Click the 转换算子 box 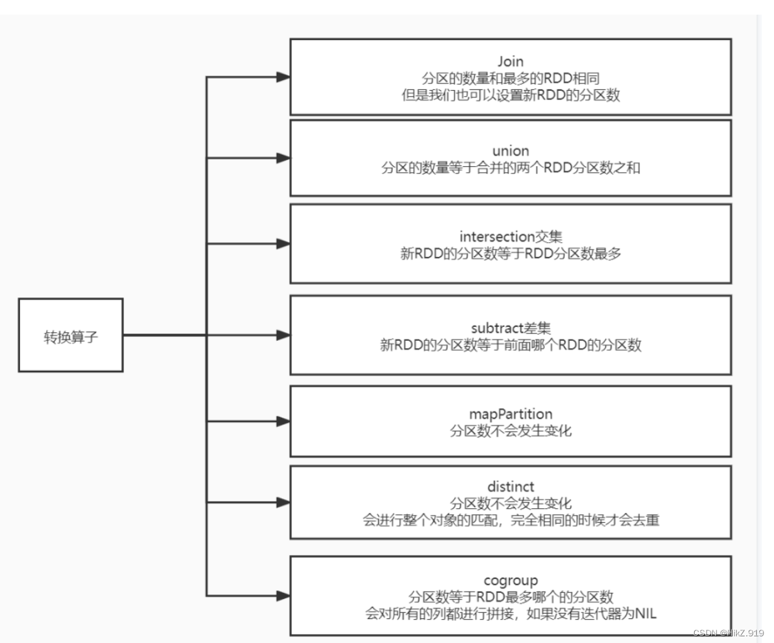[x=71, y=335]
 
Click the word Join [x=511, y=62]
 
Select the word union [x=511, y=151]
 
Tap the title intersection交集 [x=511, y=237]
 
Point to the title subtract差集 [x=511, y=328]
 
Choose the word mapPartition [x=511, y=414]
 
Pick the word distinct [x=511, y=486]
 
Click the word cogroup [x=511, y=580]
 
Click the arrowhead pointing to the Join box [x=283, y=77]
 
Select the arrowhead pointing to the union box [x=283, y=158]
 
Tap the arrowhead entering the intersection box [x=283, y=243]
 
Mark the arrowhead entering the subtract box [x=283, y=335]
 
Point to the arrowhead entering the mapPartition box [x=283, y=422]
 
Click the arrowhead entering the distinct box [x=283, y=502]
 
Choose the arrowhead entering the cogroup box [x=283, y=595]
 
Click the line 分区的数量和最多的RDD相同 [x=511, y=78]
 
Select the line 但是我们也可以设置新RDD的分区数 [x=511, y=95]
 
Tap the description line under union [x=511, y=167]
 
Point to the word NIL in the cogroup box [x=645, y=613]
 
